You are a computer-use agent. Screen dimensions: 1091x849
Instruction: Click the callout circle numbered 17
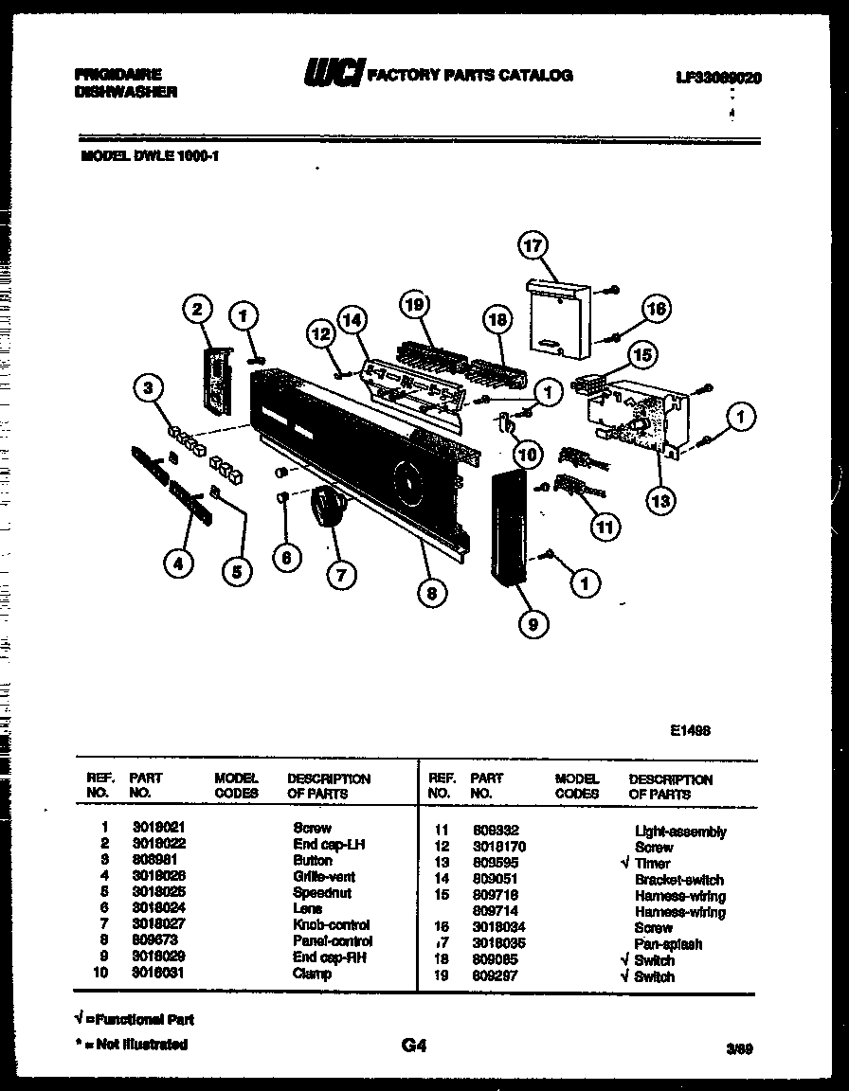click(x=533, y=246)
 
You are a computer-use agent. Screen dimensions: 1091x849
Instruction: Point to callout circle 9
click(x=533, y=623)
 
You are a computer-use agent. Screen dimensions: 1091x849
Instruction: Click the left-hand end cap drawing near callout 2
click(x=216, y=380)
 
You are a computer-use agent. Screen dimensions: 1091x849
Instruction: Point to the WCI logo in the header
click(x=332, y=74)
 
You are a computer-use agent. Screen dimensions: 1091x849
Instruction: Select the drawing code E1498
click(x=690, y=730)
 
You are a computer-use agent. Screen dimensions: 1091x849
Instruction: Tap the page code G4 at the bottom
click(x=414, y=1046)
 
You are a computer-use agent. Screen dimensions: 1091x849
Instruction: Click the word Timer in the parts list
click(x=653, y=864)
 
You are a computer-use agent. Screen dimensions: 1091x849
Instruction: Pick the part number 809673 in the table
click(x=155, y=940)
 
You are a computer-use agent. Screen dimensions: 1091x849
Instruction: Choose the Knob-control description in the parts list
click(x=332, y=924)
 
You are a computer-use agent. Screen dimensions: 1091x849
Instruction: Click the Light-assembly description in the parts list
click(x=680, y=832)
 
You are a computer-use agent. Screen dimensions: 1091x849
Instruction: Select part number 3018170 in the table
click(x=499, y=847)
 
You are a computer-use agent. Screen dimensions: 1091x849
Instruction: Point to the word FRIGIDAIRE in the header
click(x=117, y=74)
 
